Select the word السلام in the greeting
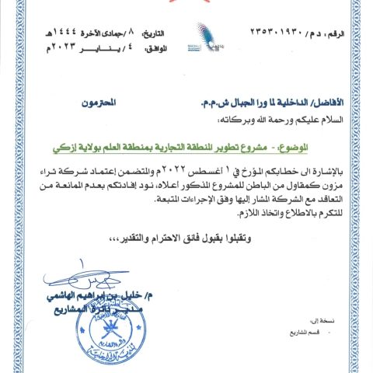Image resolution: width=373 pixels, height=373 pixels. pyautogui.click(x=343, y=120)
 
